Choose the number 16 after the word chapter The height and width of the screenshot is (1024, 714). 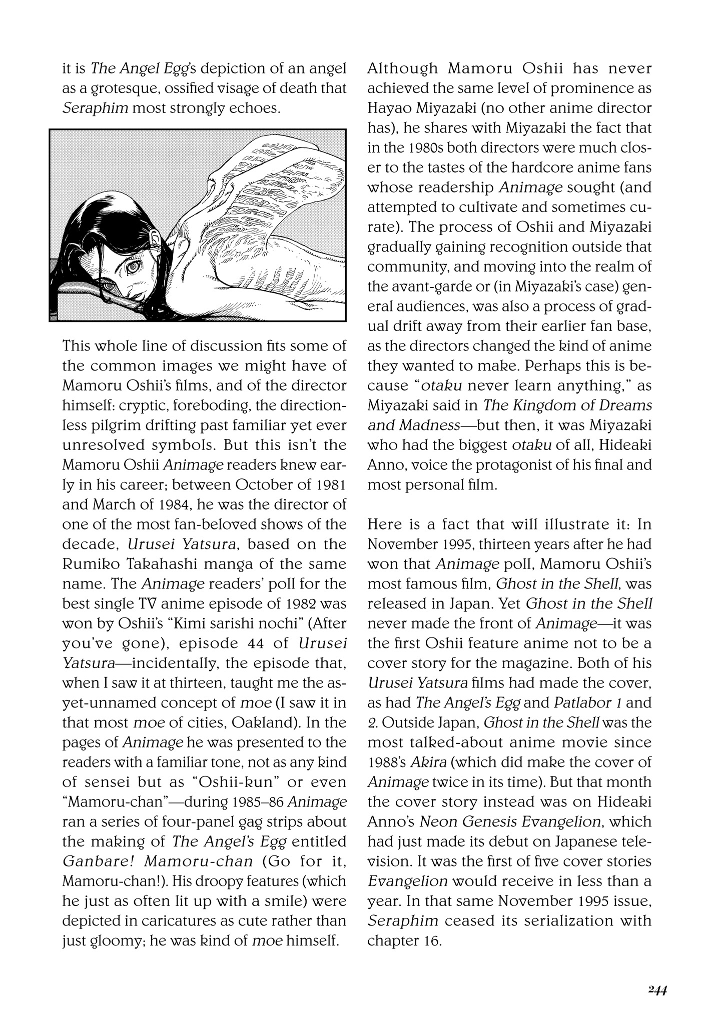[432, 940]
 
